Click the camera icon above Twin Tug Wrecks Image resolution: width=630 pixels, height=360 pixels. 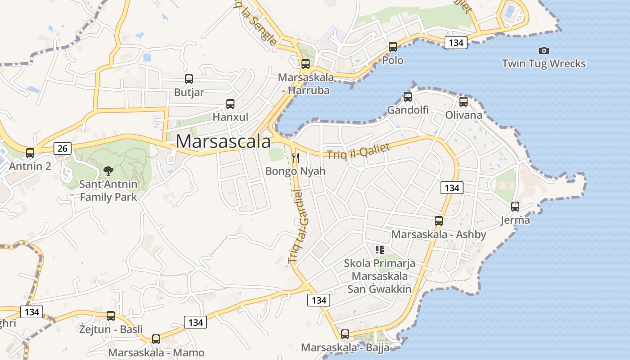click(544, 50)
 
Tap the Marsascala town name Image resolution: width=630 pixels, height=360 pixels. click(223, 141)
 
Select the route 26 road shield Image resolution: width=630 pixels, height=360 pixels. click(63, 148)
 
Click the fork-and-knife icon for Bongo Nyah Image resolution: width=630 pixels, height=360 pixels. click(296, 157)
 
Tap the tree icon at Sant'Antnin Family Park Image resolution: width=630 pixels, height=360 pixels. click(108, 171)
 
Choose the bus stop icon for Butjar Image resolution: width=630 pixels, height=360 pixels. click(189, 79)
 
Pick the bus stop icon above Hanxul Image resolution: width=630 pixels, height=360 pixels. click(230, 104)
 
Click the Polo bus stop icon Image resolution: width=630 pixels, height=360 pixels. click(393, 46)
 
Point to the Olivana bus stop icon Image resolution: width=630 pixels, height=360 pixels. click(463, 102)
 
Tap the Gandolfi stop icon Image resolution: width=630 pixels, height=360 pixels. click(408, 96)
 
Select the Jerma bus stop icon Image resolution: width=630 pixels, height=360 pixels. click(515, 207)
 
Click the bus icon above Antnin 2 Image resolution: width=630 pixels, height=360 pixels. click(30, 153)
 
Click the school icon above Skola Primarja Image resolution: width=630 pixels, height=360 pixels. click(380, 249)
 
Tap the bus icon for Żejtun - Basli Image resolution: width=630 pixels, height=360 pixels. click(111, 316)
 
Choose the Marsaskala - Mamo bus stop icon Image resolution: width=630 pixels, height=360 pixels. click(156, 339)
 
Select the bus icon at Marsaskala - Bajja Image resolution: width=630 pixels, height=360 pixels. click(345, 334)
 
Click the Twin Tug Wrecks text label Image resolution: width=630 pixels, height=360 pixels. click(544, 63)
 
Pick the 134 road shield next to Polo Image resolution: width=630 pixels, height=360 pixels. click(456, 43)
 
